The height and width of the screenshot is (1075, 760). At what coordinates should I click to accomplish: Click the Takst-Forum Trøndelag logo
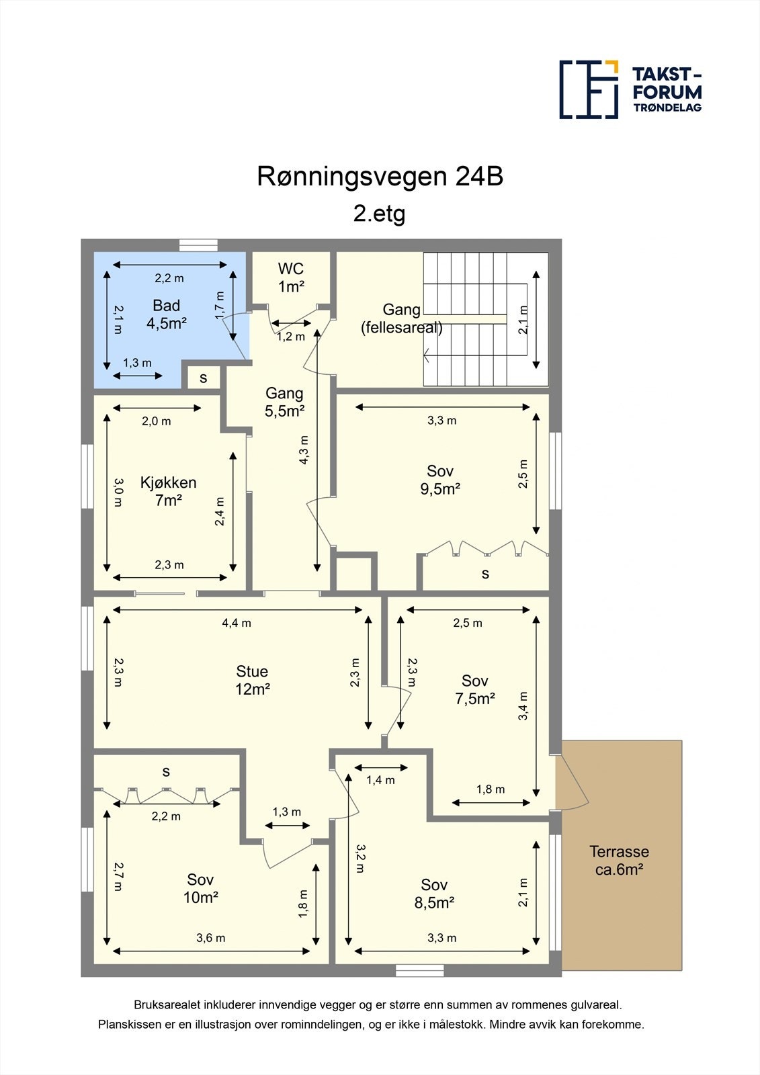[630, 89]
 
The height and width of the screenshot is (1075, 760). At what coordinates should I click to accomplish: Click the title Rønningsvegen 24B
[380, 177]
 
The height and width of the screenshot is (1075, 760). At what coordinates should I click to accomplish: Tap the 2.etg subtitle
[380, 214]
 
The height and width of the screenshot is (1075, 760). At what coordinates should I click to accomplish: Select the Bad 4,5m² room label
[166, 314]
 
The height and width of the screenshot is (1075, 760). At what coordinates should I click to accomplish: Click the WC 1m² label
[291, 277]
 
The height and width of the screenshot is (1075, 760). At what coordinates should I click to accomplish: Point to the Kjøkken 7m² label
[168, 491]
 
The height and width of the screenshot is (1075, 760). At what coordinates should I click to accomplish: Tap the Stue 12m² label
[252, 680]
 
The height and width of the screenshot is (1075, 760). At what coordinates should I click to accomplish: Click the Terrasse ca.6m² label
[619, 861]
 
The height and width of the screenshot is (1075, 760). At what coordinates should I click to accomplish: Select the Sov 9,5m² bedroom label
[440, 480]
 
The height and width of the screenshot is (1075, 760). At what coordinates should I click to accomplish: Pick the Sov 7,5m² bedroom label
[474, 689]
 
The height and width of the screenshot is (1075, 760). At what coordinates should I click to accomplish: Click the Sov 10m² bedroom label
[200, 888]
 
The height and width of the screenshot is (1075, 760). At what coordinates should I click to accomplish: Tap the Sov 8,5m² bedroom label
[434, 894]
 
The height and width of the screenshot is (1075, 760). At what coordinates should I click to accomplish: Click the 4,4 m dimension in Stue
[237, 623]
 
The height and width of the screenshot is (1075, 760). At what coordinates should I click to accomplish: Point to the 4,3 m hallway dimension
[304, 449]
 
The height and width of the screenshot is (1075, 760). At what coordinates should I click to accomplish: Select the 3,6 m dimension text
[210, 938]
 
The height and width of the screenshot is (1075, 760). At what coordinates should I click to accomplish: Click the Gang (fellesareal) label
[401, 318]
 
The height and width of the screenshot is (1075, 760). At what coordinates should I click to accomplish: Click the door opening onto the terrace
[573, 783]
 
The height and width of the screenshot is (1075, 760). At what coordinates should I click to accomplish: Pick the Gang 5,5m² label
[284, 402]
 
